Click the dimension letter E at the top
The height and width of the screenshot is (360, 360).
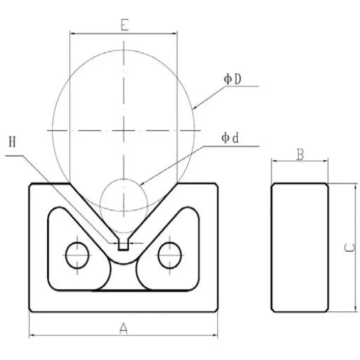pos(125,25)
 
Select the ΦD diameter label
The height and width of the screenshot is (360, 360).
pos(233,79)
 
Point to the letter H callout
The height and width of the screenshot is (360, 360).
pos(13,143)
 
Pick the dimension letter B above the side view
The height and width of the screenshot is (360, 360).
pos(300,154)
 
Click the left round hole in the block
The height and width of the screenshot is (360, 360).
pos(77,255)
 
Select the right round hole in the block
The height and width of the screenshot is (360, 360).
pos(170,255)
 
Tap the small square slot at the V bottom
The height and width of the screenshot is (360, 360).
pos(123,245)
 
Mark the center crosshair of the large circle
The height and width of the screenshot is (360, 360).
pos(125,130)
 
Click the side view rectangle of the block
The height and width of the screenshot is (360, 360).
pos(300,247)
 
